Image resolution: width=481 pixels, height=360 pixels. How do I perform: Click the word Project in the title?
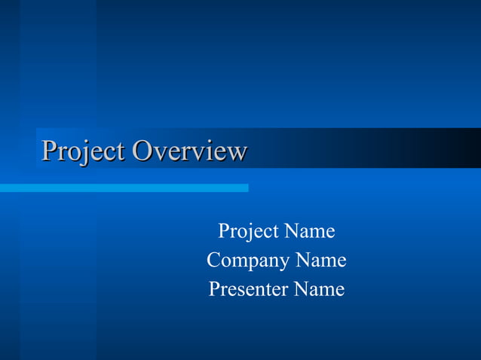tap(83, 151)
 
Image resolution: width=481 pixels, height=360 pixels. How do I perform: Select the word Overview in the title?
tap(189, 151)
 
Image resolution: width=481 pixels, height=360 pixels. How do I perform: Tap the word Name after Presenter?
tap(320, 289)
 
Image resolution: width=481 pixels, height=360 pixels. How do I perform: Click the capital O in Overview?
tap(142, 151)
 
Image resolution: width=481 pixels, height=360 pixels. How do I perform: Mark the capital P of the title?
tap(50, 151)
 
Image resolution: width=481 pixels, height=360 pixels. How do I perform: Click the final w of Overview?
tap(237, 153)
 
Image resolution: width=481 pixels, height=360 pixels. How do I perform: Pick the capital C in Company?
tap(213, 261)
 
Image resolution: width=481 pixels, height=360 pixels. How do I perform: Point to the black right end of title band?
tap(471, 148)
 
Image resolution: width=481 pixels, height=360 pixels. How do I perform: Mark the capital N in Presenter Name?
tap(301, 289)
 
